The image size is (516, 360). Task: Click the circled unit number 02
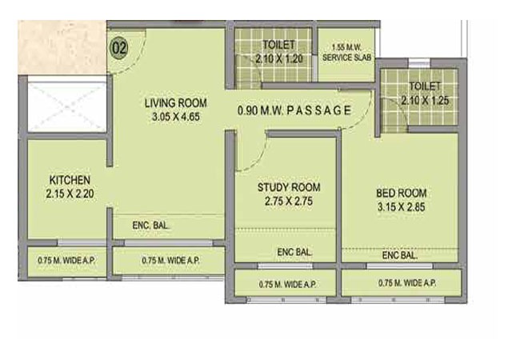[x=119, y=47]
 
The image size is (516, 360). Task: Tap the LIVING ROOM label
[x=175, y=103]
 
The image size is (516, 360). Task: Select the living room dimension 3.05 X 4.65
[x=176, y=118]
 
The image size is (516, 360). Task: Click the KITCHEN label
[x=70, y=179]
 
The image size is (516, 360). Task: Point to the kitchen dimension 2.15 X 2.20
[x=70, y=193]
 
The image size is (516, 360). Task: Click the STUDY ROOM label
[x=284, y=187]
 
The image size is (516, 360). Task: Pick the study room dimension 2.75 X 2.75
[x=284, y=202]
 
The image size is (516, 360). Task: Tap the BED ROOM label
[x=401, y=193]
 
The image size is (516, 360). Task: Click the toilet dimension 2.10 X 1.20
[x=277, y=59]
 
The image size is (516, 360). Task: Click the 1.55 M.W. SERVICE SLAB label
[x=345, y=54]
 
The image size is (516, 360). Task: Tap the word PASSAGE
[x=318, y=110]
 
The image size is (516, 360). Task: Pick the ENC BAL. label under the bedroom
[x=399, y=256]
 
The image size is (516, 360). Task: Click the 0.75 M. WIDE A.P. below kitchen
[x=66, y=261]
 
